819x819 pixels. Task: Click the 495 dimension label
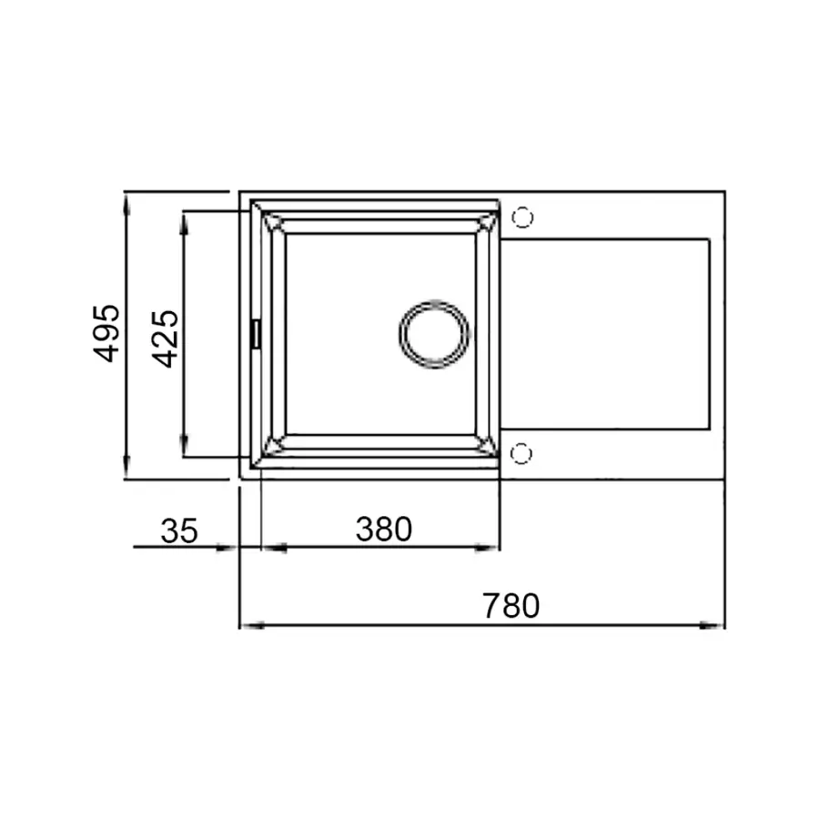pyautogui.click(x=107, y=333)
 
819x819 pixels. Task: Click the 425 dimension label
pyautogui.click(x=165, y=339)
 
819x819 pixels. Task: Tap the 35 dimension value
pyautogui.click(x=179, y=531)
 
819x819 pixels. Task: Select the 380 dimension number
pyautogui.click(x=383, y=529)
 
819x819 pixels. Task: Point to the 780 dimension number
pyautogui.click(x=511, y=606)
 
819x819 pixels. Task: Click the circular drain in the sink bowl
pyautogui.click(x=434, y=333)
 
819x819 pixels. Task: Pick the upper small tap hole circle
pyautogui.click(x=522, y=217)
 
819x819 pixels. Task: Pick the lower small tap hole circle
pyautogui.click(x=521, y=452)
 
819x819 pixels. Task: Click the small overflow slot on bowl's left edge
pyautogui.click(x=256, y=333)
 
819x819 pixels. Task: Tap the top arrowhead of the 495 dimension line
pyautogui.click(x=126, y=202)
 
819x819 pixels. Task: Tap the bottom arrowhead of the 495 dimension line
pyautogui.click(x=126, y=469)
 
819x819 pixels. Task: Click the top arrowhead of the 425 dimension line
pyautogui.click(x=185, y=221)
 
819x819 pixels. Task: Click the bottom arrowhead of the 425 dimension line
pyautogui.click(x=185, y=447)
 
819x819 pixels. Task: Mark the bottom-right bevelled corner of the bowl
pyautogui.click(x=487, y=445)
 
